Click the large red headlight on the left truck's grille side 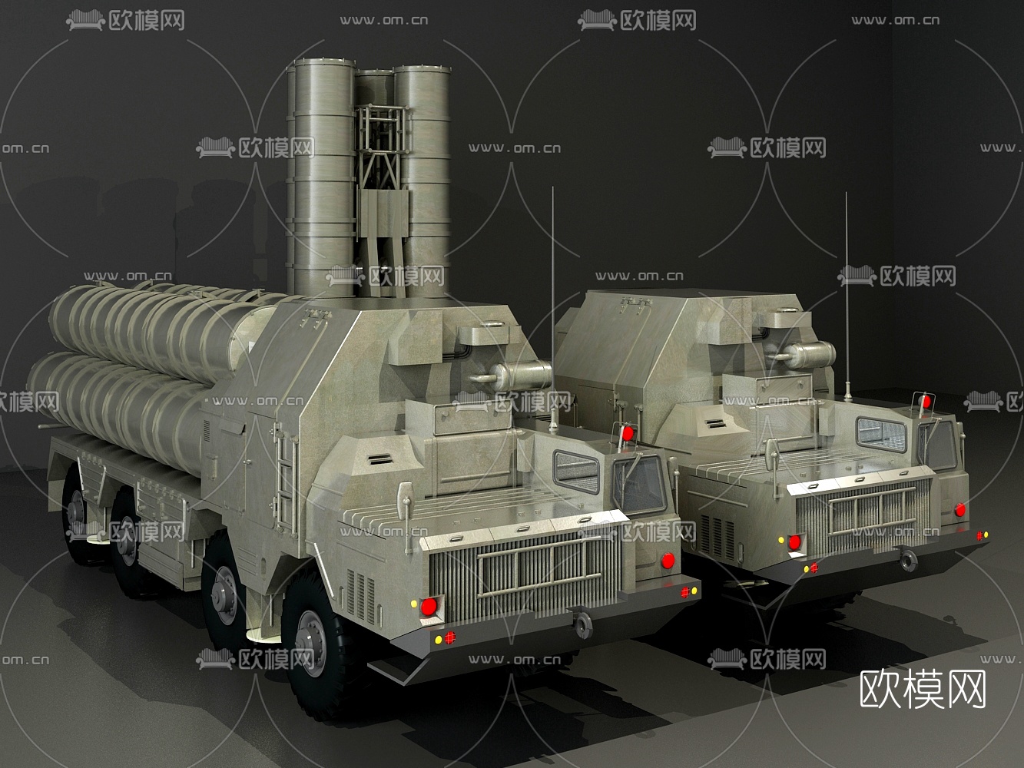click(429, 607)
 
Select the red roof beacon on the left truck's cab click(628, 434)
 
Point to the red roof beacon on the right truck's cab click(926, 402)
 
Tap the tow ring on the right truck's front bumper click(909, 561)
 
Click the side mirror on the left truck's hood click(410, 511)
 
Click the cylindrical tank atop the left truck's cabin click(521, 376)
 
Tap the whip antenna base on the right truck click(847, 392)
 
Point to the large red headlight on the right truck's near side click(794, 541)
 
